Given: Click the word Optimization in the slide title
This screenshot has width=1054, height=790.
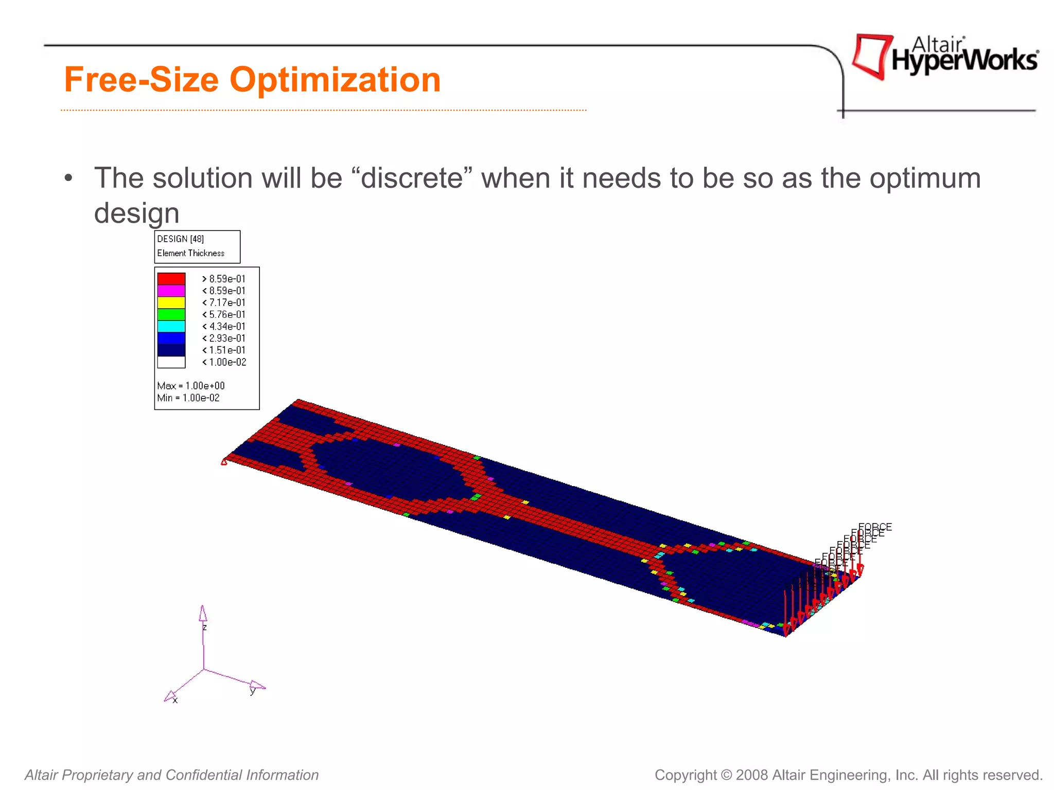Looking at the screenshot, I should click(335, 80).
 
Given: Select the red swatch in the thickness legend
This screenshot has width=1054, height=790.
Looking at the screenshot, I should click(171, 279).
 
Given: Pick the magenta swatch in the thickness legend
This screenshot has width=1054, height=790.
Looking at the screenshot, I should click(171, 291).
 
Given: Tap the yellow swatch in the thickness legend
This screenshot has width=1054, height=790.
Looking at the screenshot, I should click(171, 302).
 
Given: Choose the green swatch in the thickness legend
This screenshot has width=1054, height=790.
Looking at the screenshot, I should click(171, 314).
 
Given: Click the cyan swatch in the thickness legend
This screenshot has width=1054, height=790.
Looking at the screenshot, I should click(171, 326).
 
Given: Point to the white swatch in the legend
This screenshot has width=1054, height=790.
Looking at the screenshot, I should click(171, 362).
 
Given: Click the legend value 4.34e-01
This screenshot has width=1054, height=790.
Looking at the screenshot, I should click(227, 327).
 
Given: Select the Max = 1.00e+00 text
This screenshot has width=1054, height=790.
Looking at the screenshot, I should click(191, 386).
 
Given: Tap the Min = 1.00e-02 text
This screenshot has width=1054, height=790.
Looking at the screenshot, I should click(188, 398).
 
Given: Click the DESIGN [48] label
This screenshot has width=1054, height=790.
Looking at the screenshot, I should click(180, 239).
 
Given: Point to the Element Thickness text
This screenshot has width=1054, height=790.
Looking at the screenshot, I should click(190, 253).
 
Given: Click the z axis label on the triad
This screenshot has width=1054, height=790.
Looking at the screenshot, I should click(205, 627).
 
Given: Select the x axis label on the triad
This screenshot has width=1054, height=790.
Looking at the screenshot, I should click(175, 701).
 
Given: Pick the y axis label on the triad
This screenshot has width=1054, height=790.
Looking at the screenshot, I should click(252, 691).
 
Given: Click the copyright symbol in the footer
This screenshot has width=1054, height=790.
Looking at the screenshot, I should click(726, 775).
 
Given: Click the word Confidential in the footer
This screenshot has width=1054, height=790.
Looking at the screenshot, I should click(204, 775).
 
